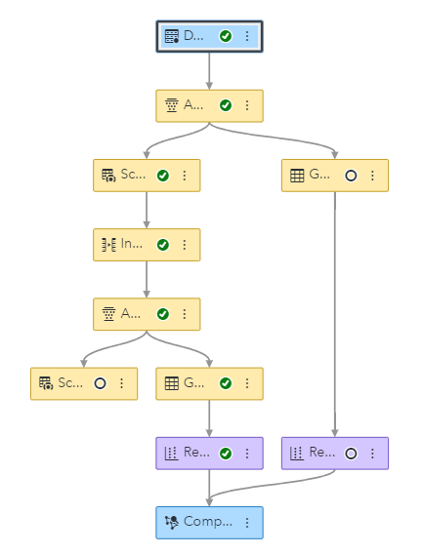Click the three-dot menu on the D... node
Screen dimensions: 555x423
click(x=247, y=36)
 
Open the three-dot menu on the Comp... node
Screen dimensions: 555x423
click(x=247, y=522)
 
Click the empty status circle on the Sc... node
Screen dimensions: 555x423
click(x=100, y=383)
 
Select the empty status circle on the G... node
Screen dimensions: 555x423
click(x=351, y=176)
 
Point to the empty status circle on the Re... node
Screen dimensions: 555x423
click(x=351, y=453)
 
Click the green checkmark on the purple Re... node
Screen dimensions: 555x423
click(x=226, y=453)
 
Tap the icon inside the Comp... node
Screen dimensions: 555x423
click(x=172, y=522)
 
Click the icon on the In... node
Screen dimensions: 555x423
click(x=109, y=245)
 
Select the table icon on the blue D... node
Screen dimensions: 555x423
click(x=172, y=36)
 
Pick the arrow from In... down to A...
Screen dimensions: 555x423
click(x=147, y=279)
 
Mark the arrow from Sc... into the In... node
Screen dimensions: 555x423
click(x=147, y=210)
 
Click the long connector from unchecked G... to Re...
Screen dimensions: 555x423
click(x=335, y=312)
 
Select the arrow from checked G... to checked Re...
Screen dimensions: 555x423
click(x=209, y=417)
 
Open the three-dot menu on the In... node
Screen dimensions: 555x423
click(x=185, y=245)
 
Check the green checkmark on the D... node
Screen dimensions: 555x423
click(x=226, y=36)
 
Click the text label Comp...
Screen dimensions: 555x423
click(x=208, y=522)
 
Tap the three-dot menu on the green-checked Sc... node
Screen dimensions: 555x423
click(x=185, y=176)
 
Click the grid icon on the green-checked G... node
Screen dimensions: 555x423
click(x=172, y=383)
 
